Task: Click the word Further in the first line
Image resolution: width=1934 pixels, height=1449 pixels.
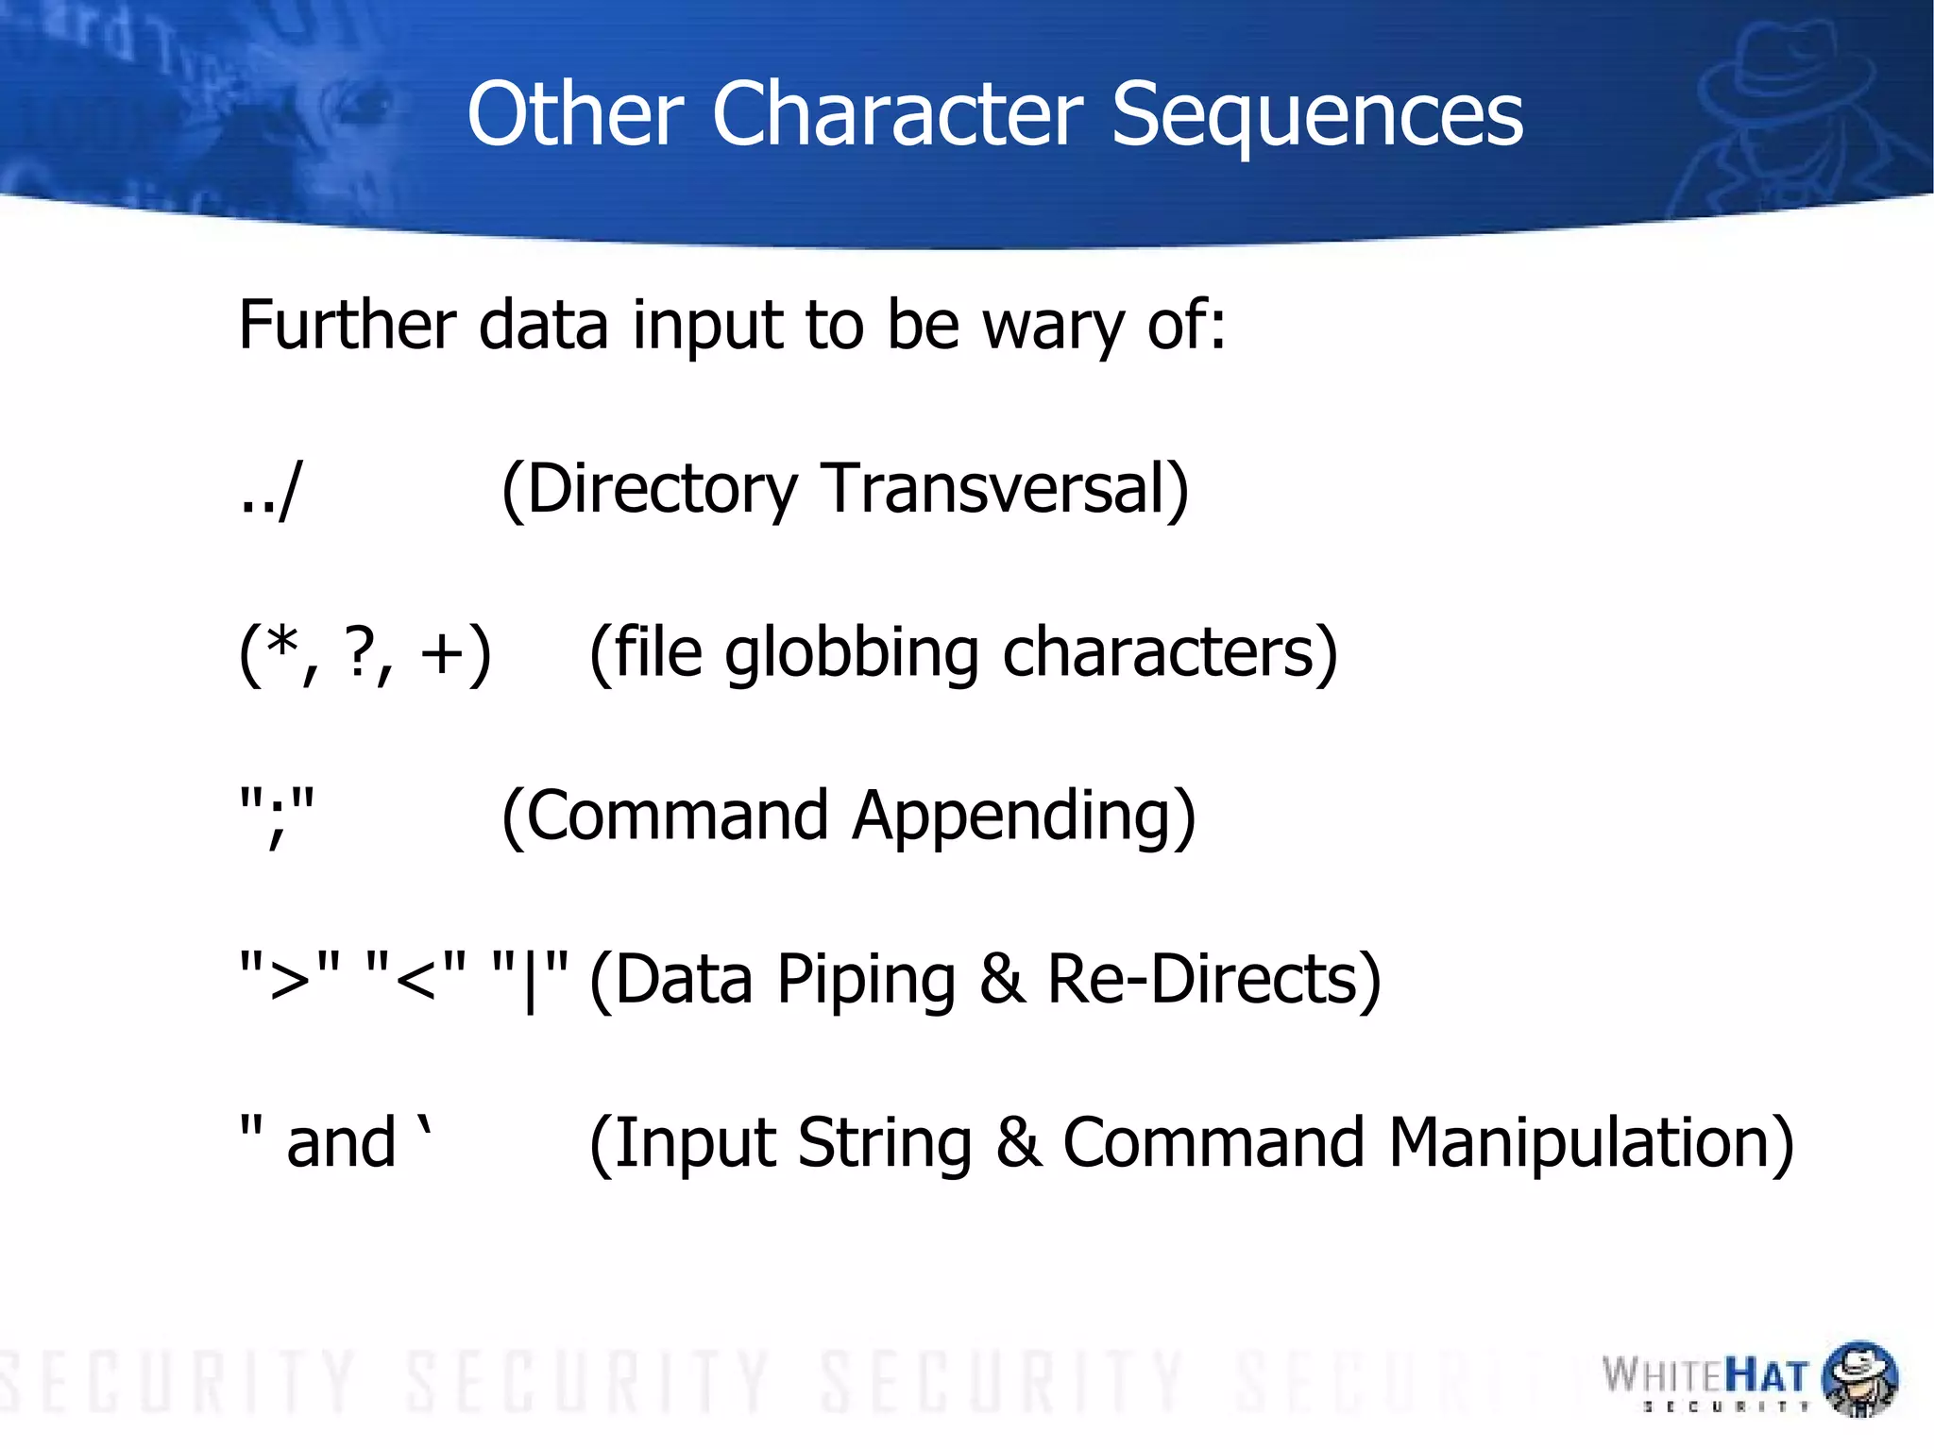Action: coord(348,325)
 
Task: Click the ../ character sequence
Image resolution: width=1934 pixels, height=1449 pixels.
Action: coord(270,489)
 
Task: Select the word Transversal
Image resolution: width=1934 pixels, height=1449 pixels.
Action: coord(1006,489)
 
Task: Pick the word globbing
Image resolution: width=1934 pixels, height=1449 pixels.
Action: coord(852,654)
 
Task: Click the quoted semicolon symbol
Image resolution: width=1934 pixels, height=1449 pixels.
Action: coord(276,815)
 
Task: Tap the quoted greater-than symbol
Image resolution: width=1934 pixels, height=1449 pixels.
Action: coord(289,978)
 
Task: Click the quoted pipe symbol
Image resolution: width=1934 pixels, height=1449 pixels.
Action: coord(531,978)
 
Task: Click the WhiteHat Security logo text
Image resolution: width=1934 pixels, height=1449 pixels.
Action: coord(1705,1378)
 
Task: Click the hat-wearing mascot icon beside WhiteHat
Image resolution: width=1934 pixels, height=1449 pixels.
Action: coord(1858,1378)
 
